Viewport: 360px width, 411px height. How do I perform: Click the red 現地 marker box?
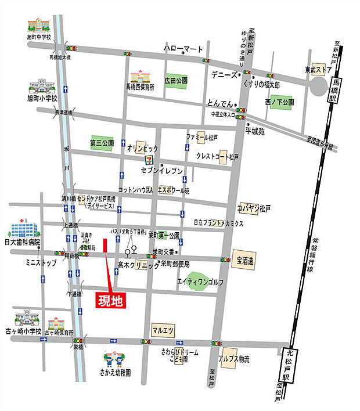point(110,301)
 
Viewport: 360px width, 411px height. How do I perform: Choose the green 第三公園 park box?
point(102,142)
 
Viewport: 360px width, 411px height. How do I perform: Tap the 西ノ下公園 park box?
point(279,103)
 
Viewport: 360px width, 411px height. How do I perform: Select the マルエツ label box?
point(163,330)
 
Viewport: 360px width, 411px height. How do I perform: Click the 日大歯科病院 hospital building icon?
point(23,227)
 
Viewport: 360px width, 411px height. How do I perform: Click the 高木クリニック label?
point(138,265)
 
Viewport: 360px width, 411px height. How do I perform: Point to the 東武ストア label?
point(319,69)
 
